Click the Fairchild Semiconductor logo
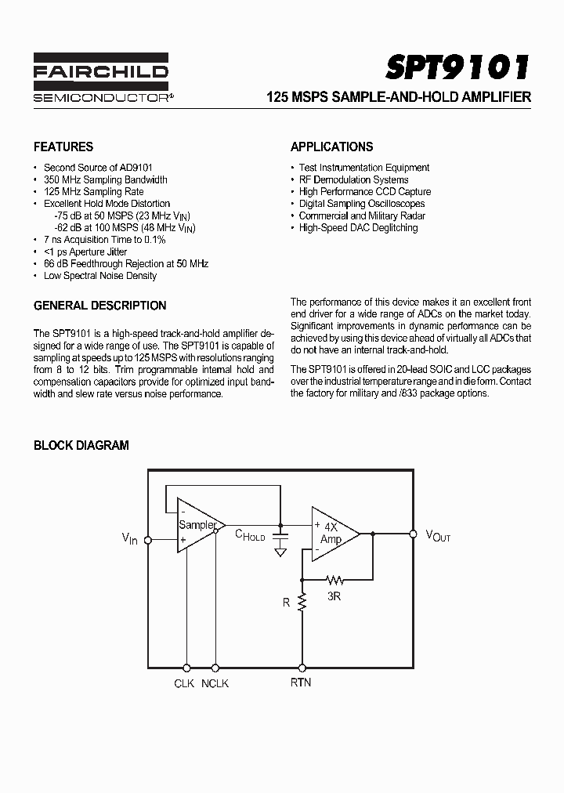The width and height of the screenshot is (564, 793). point(100,79)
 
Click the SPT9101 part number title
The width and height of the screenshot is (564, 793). point(458,67)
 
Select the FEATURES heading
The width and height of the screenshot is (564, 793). point(63,147)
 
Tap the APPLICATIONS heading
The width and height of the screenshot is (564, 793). point(331,147)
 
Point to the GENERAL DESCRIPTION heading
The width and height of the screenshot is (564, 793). point(99,306)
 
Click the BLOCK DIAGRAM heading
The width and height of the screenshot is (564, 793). point(81,445)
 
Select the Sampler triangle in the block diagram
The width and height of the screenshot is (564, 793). point(197,525)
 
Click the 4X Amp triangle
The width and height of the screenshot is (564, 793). point(332,534)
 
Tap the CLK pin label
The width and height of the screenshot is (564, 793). point(184,683)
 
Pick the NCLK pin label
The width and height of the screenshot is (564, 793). point(215,683)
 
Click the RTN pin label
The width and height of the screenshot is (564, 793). point(301,683)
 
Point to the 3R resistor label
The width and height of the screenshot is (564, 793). point(335,596)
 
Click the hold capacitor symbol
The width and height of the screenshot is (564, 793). point(280,535)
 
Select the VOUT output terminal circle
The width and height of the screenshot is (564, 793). point(413,534)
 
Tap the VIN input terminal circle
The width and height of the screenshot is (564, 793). point(148,539)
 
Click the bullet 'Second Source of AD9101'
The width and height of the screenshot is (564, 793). point(98,168)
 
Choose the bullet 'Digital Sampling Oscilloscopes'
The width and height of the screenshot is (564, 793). point(363,204)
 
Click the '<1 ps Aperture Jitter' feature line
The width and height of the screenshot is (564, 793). point(85,252)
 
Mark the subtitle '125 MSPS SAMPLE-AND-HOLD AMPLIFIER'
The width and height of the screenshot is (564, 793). point(399,98)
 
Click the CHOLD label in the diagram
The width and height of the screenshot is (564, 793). point(251,535)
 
